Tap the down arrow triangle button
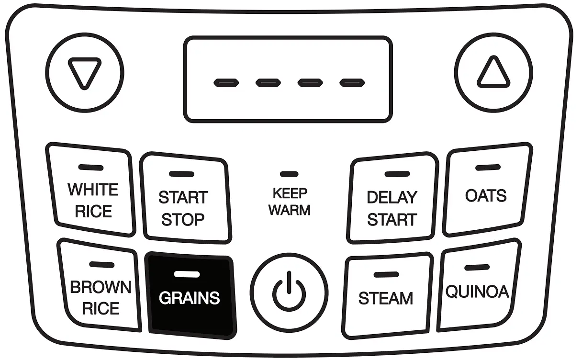coord(85,73)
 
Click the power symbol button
coord(290,292)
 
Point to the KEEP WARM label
coord(290,202)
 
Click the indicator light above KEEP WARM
coord(289,174)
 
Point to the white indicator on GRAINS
coord(187,274)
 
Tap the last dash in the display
coord(352,83)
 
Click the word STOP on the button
coord(183,220)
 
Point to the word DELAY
coord(392,197)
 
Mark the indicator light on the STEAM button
coord(386,275)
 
